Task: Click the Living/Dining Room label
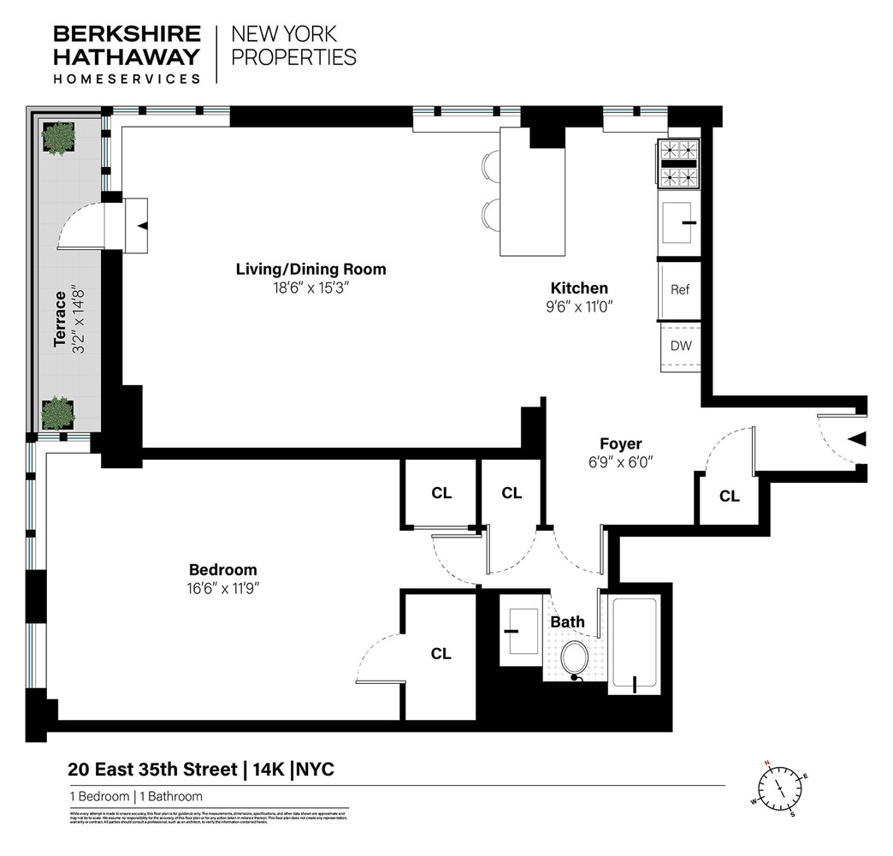pyautogui.click(x=310, y=270)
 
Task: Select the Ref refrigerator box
pyautogui.click(x=680, y=290)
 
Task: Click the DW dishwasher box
pyautogui.click(x=680, y=347)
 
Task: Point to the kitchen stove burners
pyautogui.click(x=679, y=163)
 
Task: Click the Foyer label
pyautogui.click(x=620, y=443)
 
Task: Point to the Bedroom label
pyautogui.click(x=222, y=569)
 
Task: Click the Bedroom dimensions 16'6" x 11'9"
pyautogui.click(x=222, y=588)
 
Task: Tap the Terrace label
pyautogui.click(x=60, y=319)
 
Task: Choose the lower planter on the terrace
pyautogui.click(x=58, y=413)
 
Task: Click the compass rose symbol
pyautogui.click(x=780, y=786)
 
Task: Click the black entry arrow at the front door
pyautogui.click(x=857, y=439)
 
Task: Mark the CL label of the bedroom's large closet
pyautogui.click(x=441, y=654)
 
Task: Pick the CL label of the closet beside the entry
pyautogui.click(x=729, y=496)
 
